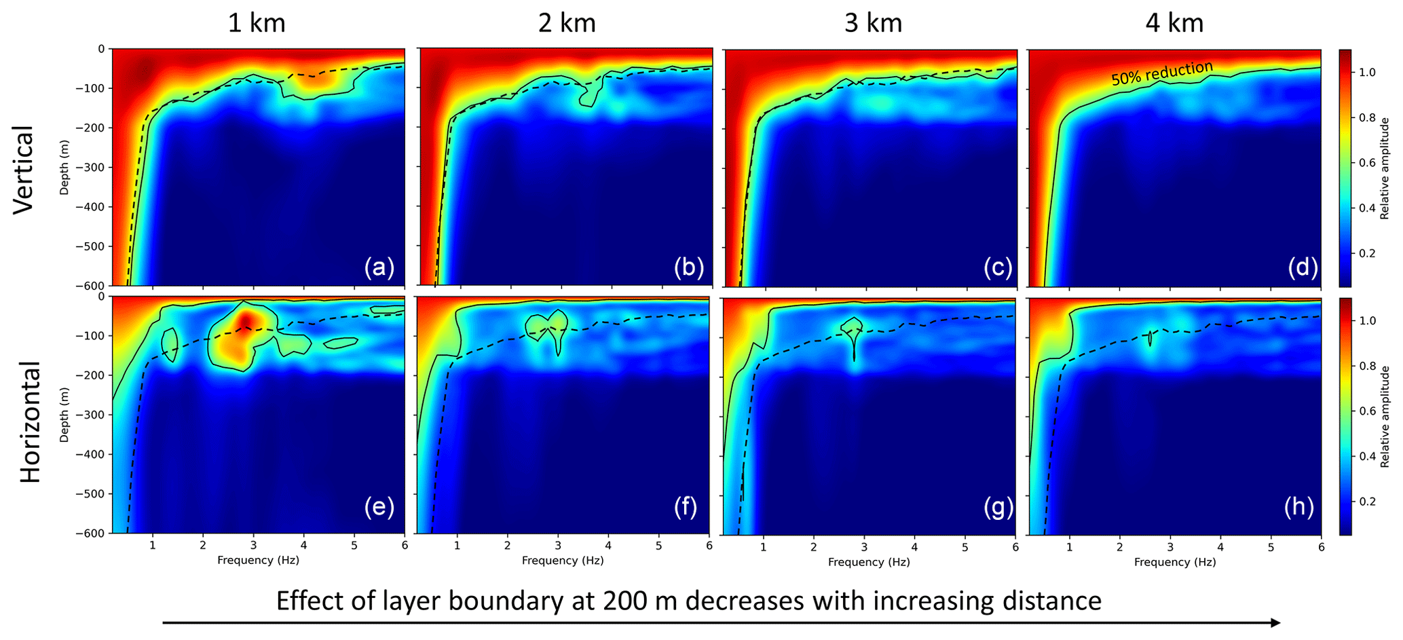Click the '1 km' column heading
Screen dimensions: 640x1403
click(256, 24)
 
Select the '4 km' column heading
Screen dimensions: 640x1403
click(1174, 24)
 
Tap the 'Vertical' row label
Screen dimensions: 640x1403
click(24, 170)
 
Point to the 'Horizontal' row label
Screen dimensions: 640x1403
click(31, 422)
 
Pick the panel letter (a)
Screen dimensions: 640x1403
click(379, 267)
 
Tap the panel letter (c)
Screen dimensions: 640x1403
click(998, 267)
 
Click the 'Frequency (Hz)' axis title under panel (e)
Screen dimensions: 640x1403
click(258, 561)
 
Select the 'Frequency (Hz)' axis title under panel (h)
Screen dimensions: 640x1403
click(1175, 562)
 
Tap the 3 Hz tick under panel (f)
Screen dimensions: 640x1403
click(558, 546)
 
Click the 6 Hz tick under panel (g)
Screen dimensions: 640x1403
click(1015, 546)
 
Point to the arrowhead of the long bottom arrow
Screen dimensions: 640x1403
click(1276, 623)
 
